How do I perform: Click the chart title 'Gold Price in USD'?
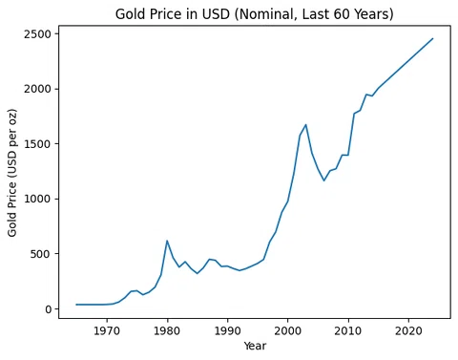172,14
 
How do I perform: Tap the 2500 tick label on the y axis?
37,34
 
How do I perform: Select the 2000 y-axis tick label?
37,89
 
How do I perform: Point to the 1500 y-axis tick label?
37,144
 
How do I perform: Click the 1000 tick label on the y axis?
37,199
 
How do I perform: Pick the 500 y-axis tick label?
41,254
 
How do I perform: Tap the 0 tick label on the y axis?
49,309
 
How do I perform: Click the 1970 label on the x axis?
107,331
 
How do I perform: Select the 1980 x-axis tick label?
167,331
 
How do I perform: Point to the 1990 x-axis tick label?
227,331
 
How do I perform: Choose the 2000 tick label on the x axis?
287,331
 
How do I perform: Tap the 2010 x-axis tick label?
348,331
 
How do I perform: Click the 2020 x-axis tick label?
408,331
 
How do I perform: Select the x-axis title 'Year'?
255,346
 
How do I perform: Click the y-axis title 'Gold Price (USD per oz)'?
12,173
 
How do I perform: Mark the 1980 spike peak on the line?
167,241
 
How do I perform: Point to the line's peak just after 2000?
305,125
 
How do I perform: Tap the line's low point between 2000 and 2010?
323,180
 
